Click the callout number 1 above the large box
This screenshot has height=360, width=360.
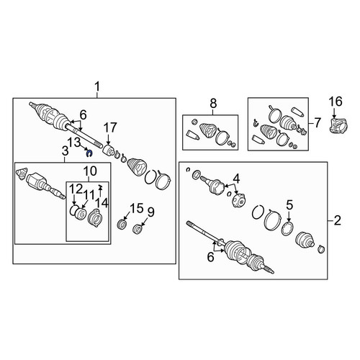(x=97, y=86)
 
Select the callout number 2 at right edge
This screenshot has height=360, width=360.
(x=337, y=220)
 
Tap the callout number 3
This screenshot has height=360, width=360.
(x=65, y=151)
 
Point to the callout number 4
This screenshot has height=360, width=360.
(x=236, y=179)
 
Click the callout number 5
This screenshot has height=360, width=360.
(x=289, y=205)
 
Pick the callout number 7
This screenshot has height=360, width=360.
(x=318, y=123)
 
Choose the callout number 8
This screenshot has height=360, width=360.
(x=213, y=104)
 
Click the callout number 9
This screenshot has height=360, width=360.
(x=151, y=212)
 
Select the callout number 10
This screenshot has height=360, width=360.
(x=90, y=171)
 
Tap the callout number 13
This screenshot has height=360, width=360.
(x=74, y=143)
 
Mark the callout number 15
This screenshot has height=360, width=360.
(x=137, y=208)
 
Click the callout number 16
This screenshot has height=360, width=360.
(x=336, y=102)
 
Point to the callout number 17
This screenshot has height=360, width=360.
(x=110, y=127)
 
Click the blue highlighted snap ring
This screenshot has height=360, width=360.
(x=89, y=153)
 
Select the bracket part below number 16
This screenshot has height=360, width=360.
(x=338, y=125)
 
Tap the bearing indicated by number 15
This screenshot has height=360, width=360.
(x=122, y=225)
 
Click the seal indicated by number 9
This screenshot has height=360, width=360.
(x=138, y=228)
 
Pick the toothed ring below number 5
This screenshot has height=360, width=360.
(x=287, y=229)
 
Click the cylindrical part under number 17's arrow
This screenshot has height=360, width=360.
(x=108, y=150)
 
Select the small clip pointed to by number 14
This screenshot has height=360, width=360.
(x=100, y=186)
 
